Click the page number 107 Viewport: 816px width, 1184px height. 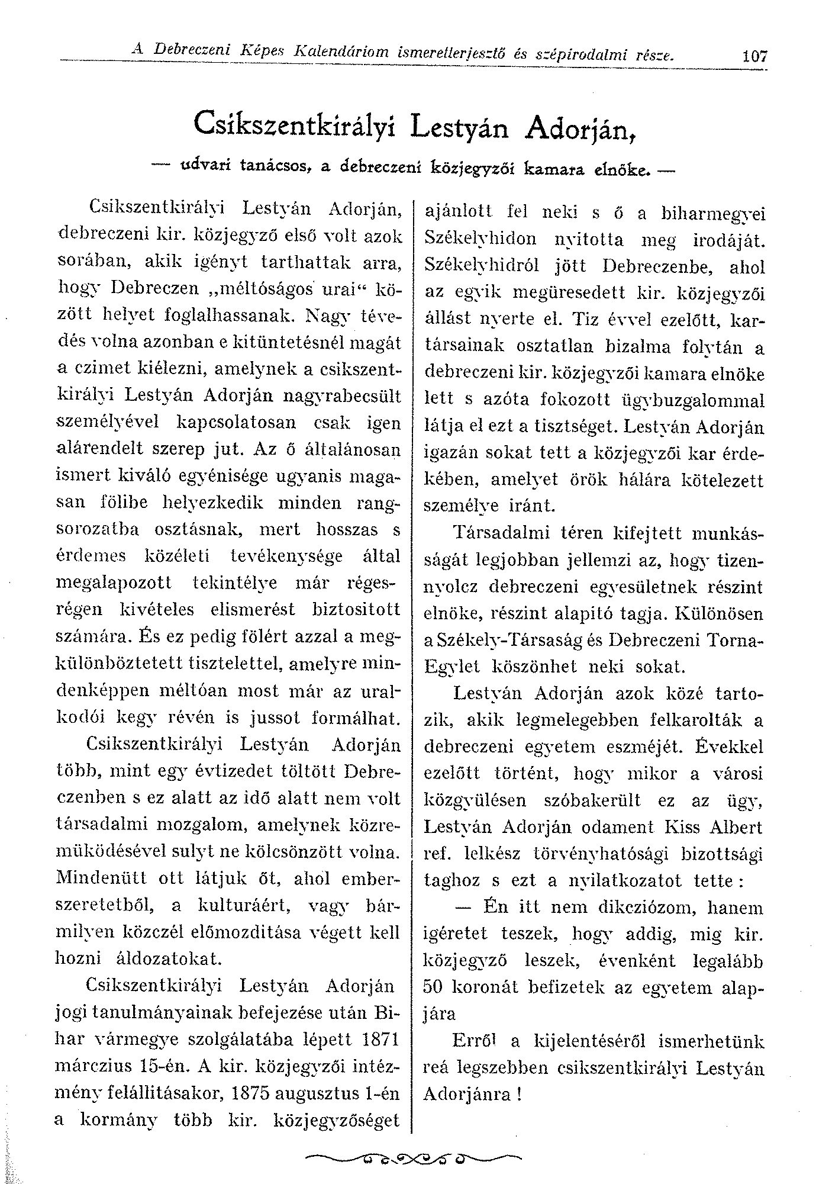tap(754, 57)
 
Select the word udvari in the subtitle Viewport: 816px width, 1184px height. tap(206, 168)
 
